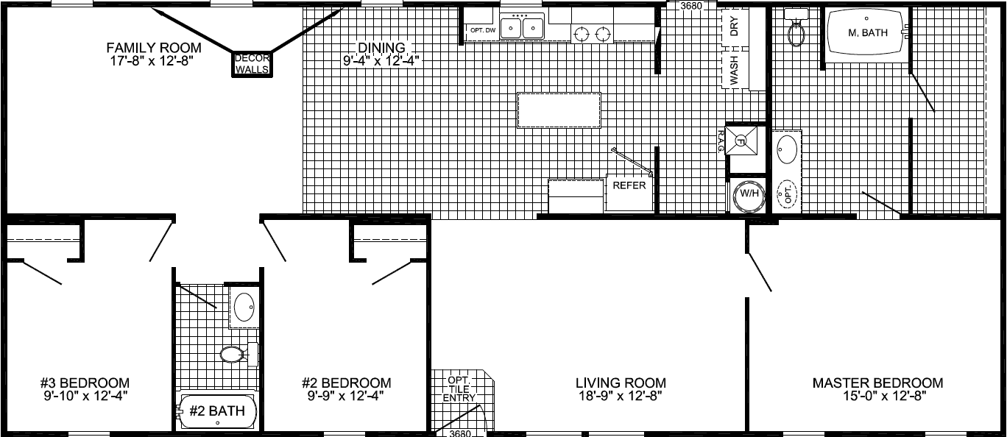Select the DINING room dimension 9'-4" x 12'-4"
pyautogui.click(x=381, y=61)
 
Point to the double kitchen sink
pyautogui.click(x=522, y=28)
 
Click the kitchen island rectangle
pyautogui.click(x=559, y=110)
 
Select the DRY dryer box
pyautogui.click(x=734, y=28)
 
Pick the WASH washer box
pyautogui.click(x=734, y=71)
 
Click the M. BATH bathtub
pyautogui.click(x=866, y=32)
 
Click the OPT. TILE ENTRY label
pyautogui.click(x=459, y=389)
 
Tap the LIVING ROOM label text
pyautogui.click(x=621, y=383)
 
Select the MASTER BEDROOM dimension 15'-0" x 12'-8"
pyautogui.click(x=883, y=396)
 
